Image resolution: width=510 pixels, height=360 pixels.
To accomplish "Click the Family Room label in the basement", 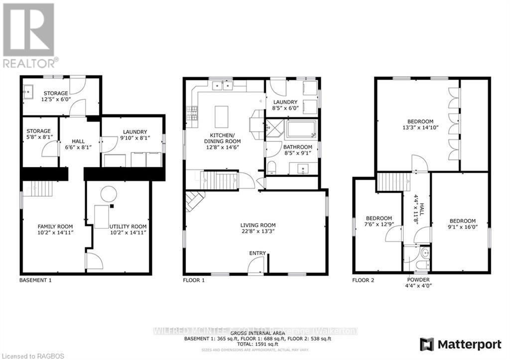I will click(x=55, y=229).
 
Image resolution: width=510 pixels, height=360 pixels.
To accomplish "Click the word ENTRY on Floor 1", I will click(x=257, y=253).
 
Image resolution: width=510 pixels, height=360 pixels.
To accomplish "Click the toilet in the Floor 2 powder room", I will click(x=424, y=254).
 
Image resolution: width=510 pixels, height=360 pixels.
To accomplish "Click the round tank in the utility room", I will click(x=108, y=193).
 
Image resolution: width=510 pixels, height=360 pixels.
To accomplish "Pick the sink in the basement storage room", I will click(x=28, y=91).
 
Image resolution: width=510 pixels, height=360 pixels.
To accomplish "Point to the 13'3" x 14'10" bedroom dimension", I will click(x=421, y=128).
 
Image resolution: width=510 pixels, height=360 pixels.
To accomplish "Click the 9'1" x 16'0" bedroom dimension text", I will click(x=462, y=228).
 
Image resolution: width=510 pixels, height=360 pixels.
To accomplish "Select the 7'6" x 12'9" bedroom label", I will click(x=379, y=225).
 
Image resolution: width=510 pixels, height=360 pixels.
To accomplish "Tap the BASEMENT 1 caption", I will click(x=35, y=280).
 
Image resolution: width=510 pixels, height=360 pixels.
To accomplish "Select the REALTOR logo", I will click(x=30, y=35).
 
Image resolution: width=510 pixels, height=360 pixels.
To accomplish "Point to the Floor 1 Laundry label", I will click(x=285, y=105).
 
